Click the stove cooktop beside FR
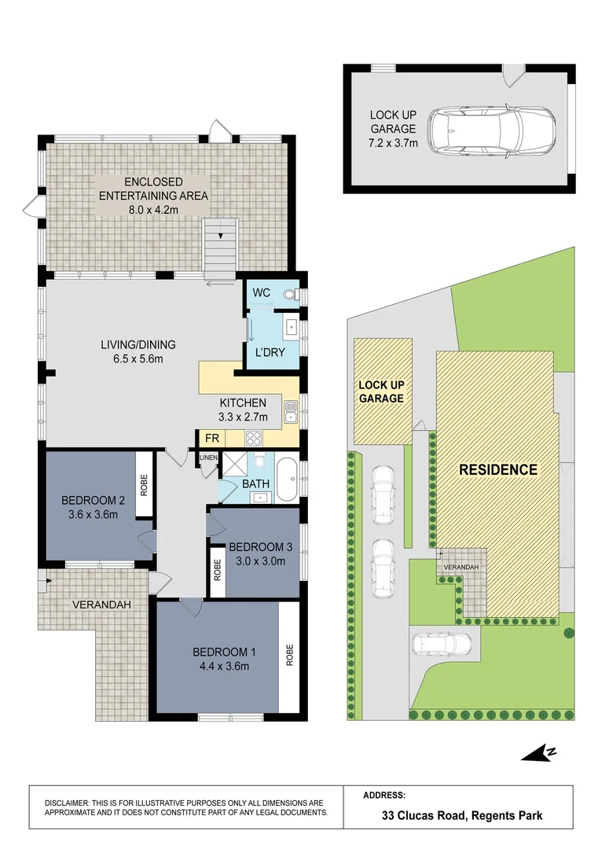click(x=255, y=439)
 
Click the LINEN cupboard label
click(x=207, y=457)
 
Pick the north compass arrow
click(x=539, y=753)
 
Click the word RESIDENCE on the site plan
click(x=498, y=470)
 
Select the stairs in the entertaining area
click(x=220, y=248)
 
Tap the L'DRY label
click(x=270, y=353)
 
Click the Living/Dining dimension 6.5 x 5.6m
click(x=138, y=359)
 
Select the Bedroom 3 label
click(x=255, y=547)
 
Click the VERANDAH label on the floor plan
click(x=101, y=605)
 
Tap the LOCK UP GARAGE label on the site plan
click(x=381, y=392)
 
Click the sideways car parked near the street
click(x=441, y=644)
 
